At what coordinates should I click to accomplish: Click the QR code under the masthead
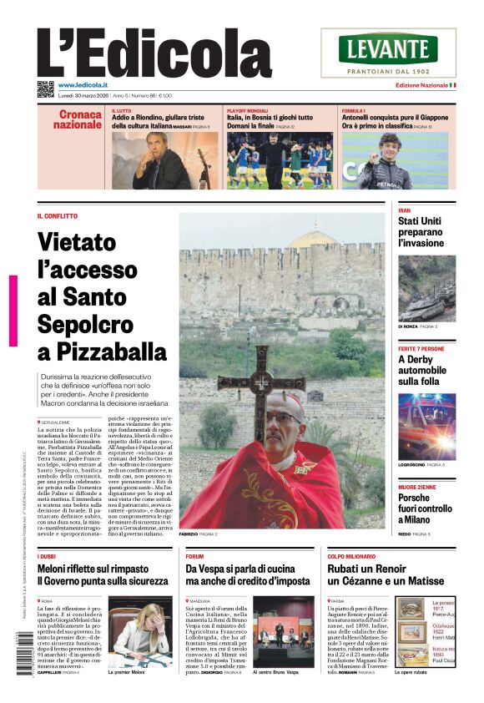point(45,89)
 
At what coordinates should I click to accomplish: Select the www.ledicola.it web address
point(82,85)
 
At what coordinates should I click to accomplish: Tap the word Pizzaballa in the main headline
point(103,351)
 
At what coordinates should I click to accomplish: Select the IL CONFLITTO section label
point(58,216)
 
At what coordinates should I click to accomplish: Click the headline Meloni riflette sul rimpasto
point(103,574)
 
